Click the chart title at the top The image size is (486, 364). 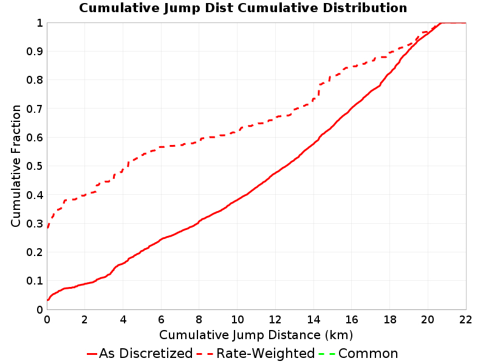tap(243, 8)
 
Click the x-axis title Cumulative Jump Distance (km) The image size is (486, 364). tap(256, 335)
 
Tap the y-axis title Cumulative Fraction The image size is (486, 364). tap(16, 166)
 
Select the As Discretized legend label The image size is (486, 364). tap(146, 353)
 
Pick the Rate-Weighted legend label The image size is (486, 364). tap(265, 353)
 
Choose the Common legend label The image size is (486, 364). tap(368, 353)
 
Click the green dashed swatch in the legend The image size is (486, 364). tap(327, 354)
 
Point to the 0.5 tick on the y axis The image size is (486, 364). tap(35, 166)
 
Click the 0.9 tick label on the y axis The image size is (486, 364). tap(35, 51)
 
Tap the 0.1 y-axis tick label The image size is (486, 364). tap(35, 281)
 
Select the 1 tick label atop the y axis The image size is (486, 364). tap(39, 22)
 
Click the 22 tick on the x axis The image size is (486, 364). tap(466, 320)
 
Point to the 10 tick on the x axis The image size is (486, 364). tap(237, 320)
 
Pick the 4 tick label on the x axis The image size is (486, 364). tap(123, 320)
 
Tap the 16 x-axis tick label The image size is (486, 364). tap(352, 320)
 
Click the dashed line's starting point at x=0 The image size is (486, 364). tap(47, 228)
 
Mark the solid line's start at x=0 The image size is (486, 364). tap(47, 300)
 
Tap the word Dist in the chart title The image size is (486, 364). tap(219, 8)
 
